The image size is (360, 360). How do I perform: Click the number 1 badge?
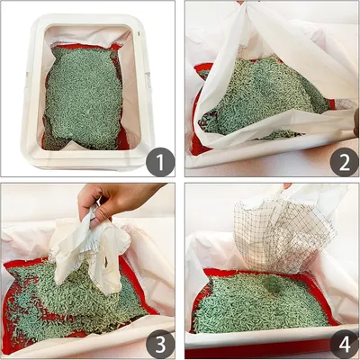160,162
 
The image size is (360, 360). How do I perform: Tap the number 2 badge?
345,162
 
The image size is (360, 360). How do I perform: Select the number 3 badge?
160,345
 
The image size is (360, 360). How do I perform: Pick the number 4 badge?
345,345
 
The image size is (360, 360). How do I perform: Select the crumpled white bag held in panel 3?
90,252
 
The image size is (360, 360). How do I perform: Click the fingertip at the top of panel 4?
287,186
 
